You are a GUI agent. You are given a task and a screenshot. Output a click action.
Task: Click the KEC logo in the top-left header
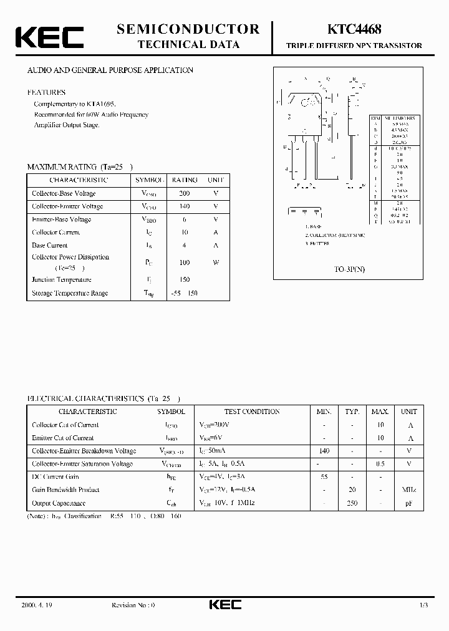pyautogui.click(x=49, y=37)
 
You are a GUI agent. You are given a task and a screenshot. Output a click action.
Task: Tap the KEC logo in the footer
pyautogui.click(x=224, y=604)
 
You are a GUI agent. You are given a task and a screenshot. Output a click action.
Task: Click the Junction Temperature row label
pyautogui.click(x=62, y=280)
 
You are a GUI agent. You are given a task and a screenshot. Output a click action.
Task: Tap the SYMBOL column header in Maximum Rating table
pyautogui.click(x=150, y=180)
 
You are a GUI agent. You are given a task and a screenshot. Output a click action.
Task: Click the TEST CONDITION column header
pyautogui.click(x=252, y=412)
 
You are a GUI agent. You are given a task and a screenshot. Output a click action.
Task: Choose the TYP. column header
pyautogui.click(x=352, y=412)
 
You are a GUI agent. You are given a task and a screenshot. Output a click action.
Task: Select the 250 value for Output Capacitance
pyautogui.click(x=352, y=503)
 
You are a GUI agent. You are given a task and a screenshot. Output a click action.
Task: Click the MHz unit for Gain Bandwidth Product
pyautogui.click(x=408, y=490)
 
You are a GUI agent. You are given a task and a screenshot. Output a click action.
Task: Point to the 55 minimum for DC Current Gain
pyautogui.click(x=324, y=477)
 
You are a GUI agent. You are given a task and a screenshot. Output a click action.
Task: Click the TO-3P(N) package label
pyautogui.click(x=349, y=269)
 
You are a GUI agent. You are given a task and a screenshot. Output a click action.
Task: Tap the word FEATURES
pyautogui.click(x=46, y=92)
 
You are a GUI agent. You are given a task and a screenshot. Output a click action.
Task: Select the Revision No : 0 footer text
pyautogui.click(x=133, y=605)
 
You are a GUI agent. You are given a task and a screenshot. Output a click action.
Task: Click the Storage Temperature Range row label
pyautogui.click(x=70, y=293)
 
